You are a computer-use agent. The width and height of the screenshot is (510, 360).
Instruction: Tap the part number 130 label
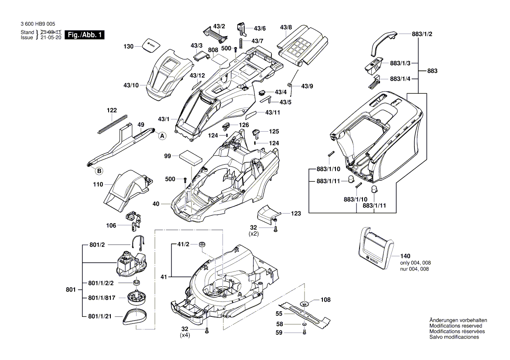tap(128, 46)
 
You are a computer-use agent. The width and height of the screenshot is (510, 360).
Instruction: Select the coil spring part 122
tap(112, 124)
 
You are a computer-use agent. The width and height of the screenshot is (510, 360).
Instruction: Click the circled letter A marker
tap(162, 136)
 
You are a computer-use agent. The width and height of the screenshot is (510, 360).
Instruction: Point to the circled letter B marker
tap(99, 170)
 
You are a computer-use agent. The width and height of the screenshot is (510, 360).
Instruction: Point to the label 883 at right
tap(432, 71)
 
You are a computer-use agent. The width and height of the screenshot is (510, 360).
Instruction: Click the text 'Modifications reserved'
tap(456, 326)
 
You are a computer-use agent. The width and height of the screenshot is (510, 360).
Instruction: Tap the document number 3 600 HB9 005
tap(38, 25)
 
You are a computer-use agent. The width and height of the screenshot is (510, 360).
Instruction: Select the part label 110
tap(98, 184)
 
